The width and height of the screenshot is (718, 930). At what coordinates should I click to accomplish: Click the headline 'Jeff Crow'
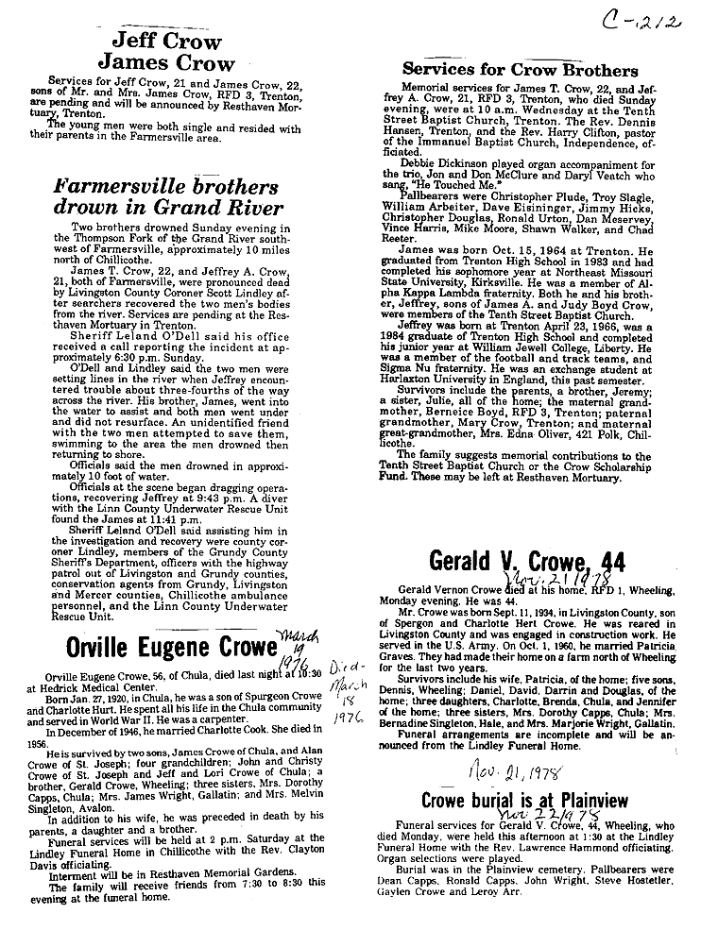pos(167,41)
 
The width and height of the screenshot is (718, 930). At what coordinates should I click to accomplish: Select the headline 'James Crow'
pos(166,65)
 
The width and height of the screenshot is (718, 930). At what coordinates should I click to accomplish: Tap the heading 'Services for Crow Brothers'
pos(520,70)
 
